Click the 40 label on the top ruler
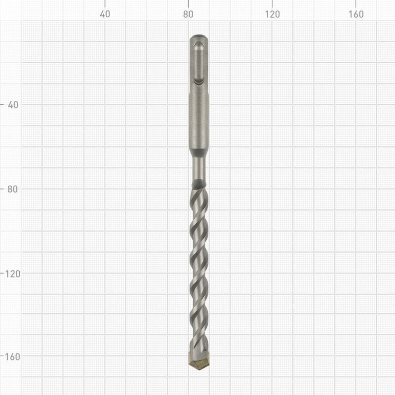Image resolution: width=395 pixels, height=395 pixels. [105, 14]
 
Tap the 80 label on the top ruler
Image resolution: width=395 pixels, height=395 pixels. [188, 14]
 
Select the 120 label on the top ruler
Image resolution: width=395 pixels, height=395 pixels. [272, 14]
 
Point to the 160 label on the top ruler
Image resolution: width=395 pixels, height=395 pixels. [356, 14]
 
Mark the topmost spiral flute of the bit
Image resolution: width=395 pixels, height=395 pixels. [199, 197]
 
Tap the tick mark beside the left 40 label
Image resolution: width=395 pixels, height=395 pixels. [2, 105]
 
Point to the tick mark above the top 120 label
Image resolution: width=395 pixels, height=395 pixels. [272, 3]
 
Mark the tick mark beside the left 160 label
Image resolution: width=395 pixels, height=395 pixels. [2, 356]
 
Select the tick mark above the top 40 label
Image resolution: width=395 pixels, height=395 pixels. [105, 3]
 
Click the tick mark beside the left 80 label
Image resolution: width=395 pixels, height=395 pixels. [2, 189]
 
